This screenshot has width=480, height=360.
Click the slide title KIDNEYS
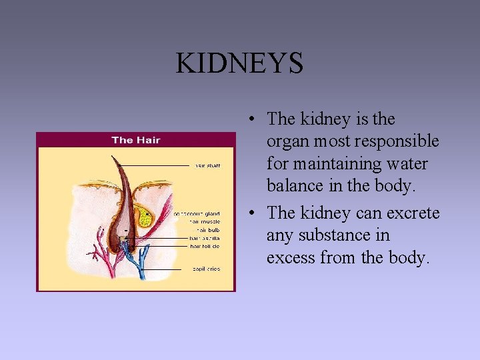[x=239, y=63]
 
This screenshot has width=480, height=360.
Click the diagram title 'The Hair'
[x=136, y=140]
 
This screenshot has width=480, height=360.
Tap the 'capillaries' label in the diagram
[x=206, y=269]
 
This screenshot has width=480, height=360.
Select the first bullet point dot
[x=248, y=120]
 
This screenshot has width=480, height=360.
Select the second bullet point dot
[x=248, y=214]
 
